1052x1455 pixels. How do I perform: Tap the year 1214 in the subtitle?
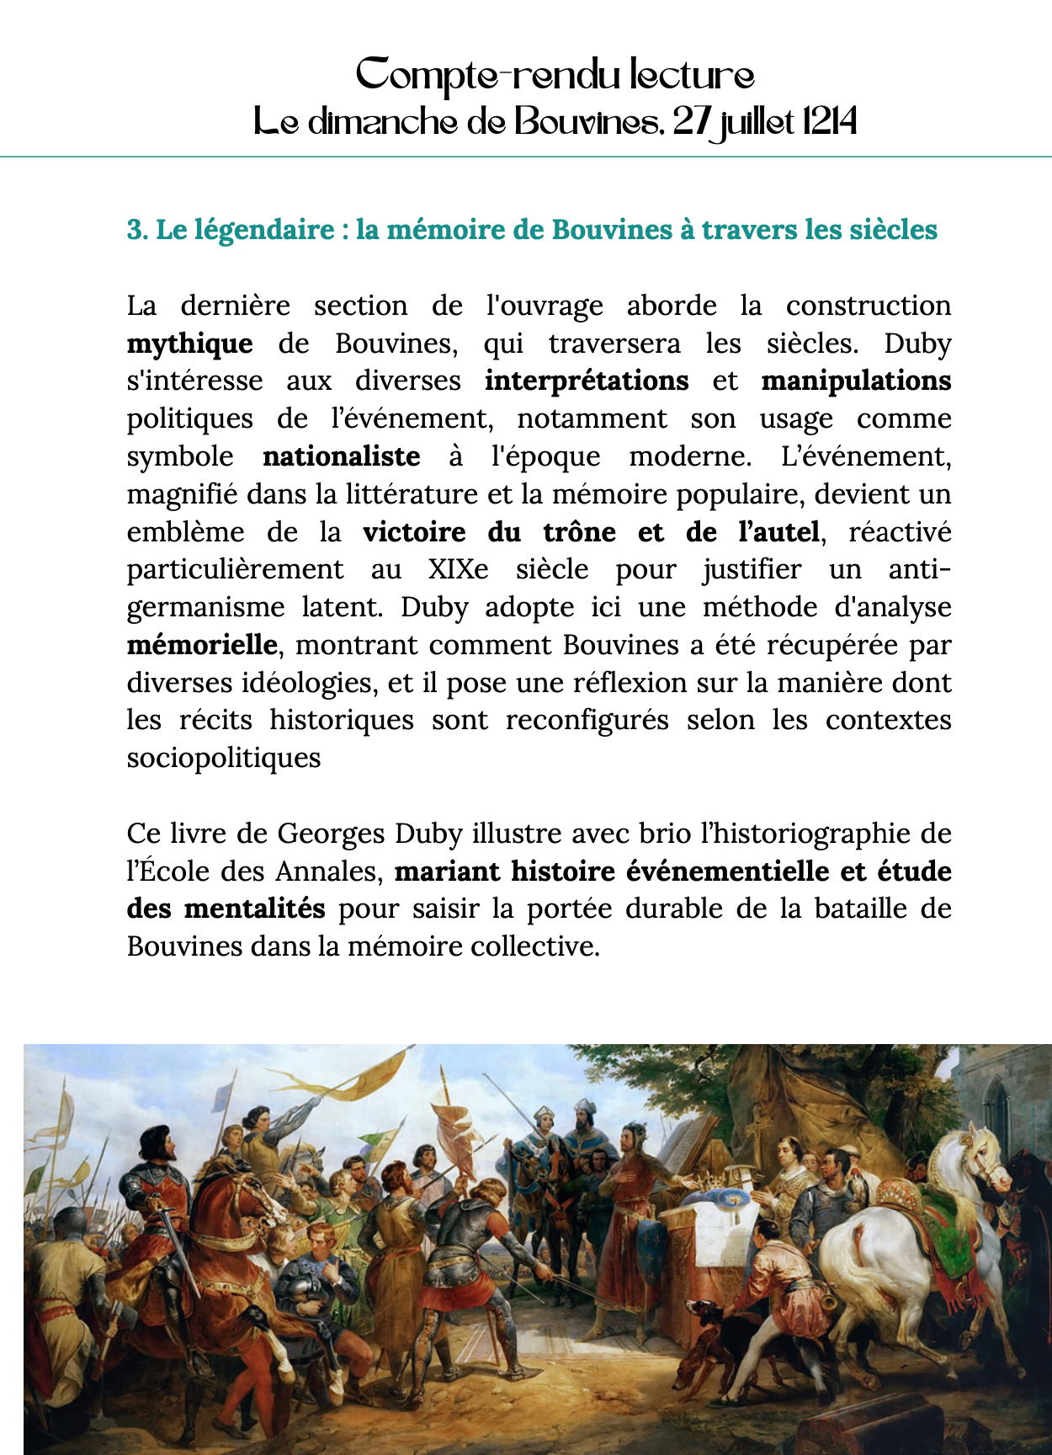829,123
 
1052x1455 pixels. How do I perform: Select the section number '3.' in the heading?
137,230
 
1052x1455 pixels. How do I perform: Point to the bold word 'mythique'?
189,344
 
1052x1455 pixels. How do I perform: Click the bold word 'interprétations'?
587,381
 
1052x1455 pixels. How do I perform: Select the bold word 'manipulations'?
856,381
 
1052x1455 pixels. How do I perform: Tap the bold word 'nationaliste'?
341,456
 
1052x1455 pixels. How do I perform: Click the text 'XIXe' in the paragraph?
458,570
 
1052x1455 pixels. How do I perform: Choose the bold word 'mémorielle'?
202,645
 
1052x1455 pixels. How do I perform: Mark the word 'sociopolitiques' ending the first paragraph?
224,758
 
